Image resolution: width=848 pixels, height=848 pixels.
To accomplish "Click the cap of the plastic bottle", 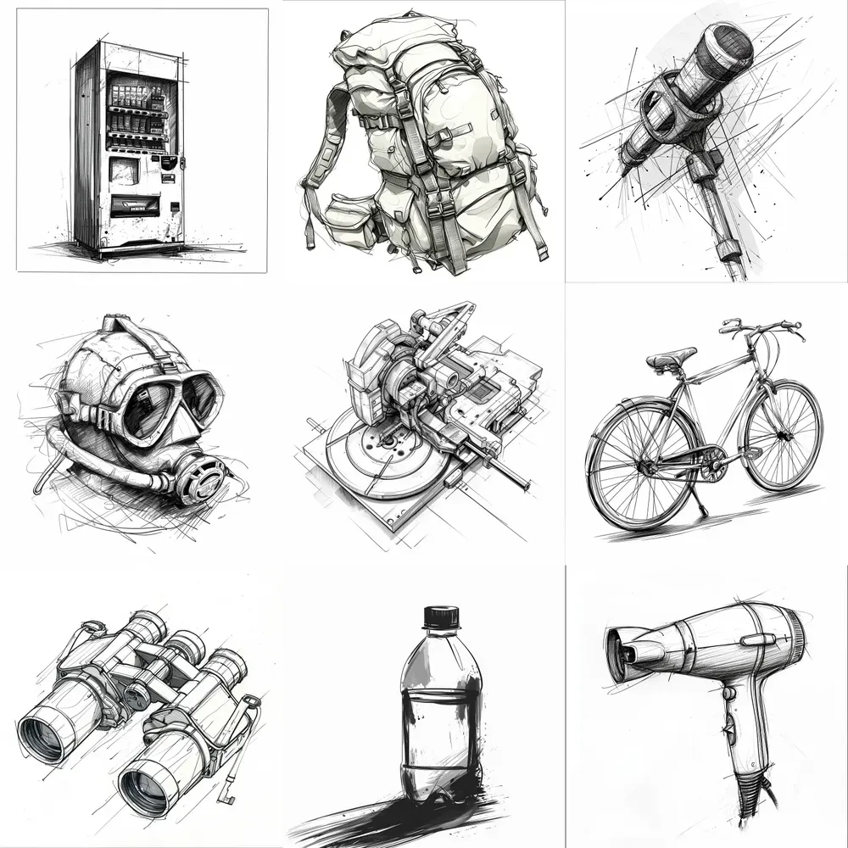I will coord(441,617).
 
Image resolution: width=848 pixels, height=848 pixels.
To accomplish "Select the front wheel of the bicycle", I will coord(783,436).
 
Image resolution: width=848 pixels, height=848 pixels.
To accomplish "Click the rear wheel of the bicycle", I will coord(642,466).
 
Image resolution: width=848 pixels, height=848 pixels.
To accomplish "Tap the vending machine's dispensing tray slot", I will coord(135,204).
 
